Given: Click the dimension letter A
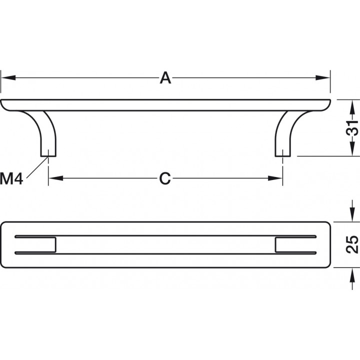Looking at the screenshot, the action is (x=165, y=78).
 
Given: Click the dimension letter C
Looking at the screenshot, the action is (x=165, y=178).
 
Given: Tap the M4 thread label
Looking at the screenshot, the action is (x=11, y=178).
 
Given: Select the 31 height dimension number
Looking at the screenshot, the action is (x=352, y=127).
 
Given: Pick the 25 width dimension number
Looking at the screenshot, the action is (x=352, y=244).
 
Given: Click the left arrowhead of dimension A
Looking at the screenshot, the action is (x=8, y=77).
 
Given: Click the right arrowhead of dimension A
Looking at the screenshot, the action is (x=322, y=77).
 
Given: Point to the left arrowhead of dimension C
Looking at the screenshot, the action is (x=56, y=178).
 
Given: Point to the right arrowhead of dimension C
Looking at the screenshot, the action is (x=275, y=178).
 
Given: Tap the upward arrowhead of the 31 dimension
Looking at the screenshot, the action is (x=351, y=107).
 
